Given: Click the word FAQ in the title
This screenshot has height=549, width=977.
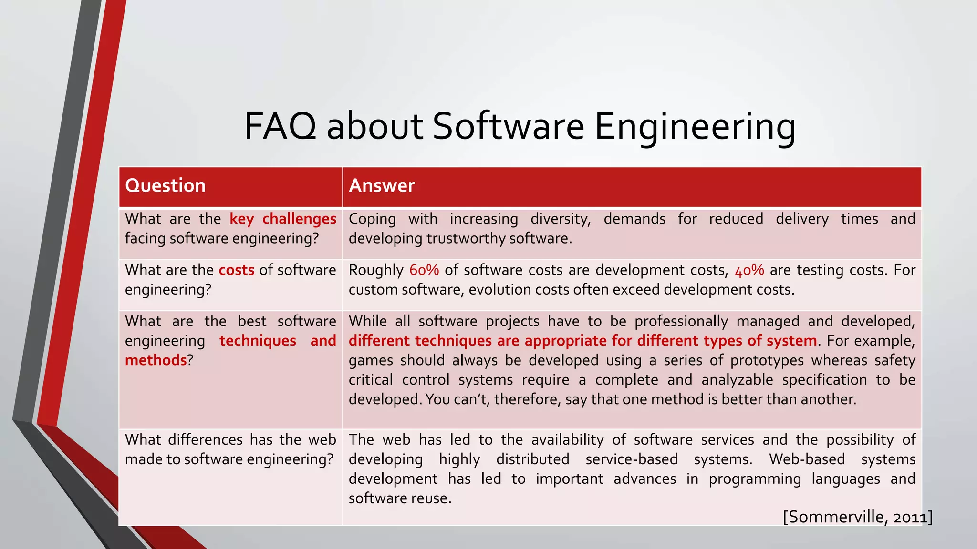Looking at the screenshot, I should pos(280,126).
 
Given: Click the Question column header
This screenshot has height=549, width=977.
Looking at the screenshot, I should pos(165,185).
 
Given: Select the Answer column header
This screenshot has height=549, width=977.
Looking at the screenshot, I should pos(382,185).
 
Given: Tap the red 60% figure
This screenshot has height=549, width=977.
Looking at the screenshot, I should pos(424,270).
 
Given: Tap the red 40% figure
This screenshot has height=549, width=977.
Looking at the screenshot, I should pos(749,270).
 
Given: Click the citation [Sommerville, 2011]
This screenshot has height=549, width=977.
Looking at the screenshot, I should pos(857,517).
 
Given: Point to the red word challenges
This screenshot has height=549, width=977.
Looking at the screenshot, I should pos(299,219).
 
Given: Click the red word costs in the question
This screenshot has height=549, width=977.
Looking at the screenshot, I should pos(237,270).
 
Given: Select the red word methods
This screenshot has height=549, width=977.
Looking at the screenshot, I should pos(156,360).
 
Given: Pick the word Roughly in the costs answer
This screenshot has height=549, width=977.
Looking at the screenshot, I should pos(376,270).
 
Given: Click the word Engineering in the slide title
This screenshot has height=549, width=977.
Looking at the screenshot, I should pos(695,126).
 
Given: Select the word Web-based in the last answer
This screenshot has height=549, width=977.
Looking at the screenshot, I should pos(807,459).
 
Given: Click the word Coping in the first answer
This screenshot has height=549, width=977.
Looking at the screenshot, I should pos(372,219).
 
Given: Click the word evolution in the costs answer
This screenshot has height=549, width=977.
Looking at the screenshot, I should pos(495,290).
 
